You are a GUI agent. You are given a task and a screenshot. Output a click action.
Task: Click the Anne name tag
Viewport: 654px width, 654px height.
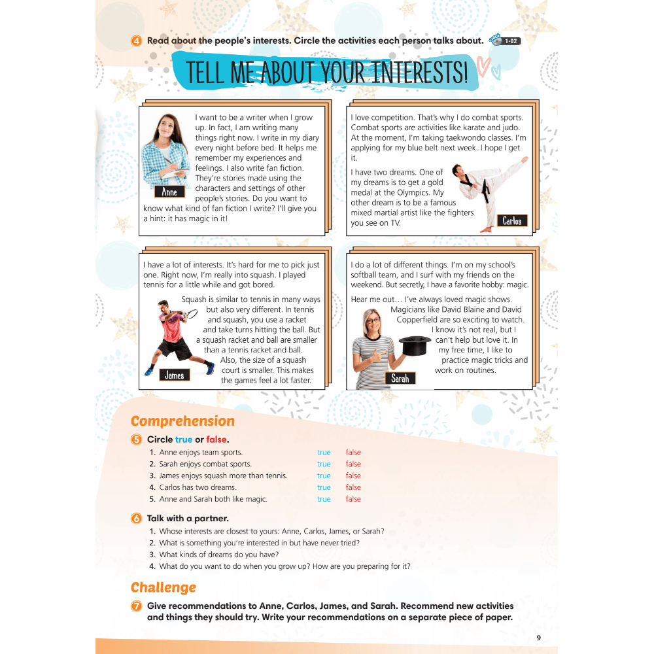pyautogui.click(x=169, y=192)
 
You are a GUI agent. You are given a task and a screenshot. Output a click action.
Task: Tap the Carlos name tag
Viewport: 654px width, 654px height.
pyautogui.click(x=511, y=220)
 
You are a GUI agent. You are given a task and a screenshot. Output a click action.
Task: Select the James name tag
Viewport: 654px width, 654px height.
pyautogui.click(x=174, y=375)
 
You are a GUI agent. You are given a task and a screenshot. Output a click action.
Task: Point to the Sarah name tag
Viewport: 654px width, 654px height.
pyautogui.click(x=400, y=378)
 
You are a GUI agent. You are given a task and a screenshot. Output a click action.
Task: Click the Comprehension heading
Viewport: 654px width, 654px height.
pyautogui.click(x=182, y=421)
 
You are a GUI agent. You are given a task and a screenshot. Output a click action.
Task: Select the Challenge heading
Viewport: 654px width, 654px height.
pyautogui.click(x=163, y=587)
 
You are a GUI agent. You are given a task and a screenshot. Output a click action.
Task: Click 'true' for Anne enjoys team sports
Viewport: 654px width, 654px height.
pyautogui.click(x=324, y=453)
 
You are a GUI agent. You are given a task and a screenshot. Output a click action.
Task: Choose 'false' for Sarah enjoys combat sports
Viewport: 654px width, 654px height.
pyautogui.click(x=353, y=464)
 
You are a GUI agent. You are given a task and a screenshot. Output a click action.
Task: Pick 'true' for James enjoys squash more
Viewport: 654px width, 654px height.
pyautogui.click(x=324, y=476)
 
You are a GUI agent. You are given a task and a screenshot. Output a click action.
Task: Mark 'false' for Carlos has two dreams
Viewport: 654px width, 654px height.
pyautogui.click(x=353, y=487)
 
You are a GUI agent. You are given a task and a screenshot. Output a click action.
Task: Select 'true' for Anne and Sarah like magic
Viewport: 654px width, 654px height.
pyautogui.click(x=324, y=499)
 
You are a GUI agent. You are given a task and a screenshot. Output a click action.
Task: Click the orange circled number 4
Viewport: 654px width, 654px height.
pyautogui.click(x=137, y=41)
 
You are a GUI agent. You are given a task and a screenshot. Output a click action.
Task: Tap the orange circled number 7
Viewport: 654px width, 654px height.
pyautogui.click(x=137, y=606)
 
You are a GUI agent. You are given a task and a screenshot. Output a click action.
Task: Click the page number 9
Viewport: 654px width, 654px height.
pyautogui.click(x=538, y=638)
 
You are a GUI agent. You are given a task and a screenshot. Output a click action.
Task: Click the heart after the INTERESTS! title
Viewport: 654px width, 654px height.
pyautogui.click(x=483, y=65)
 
